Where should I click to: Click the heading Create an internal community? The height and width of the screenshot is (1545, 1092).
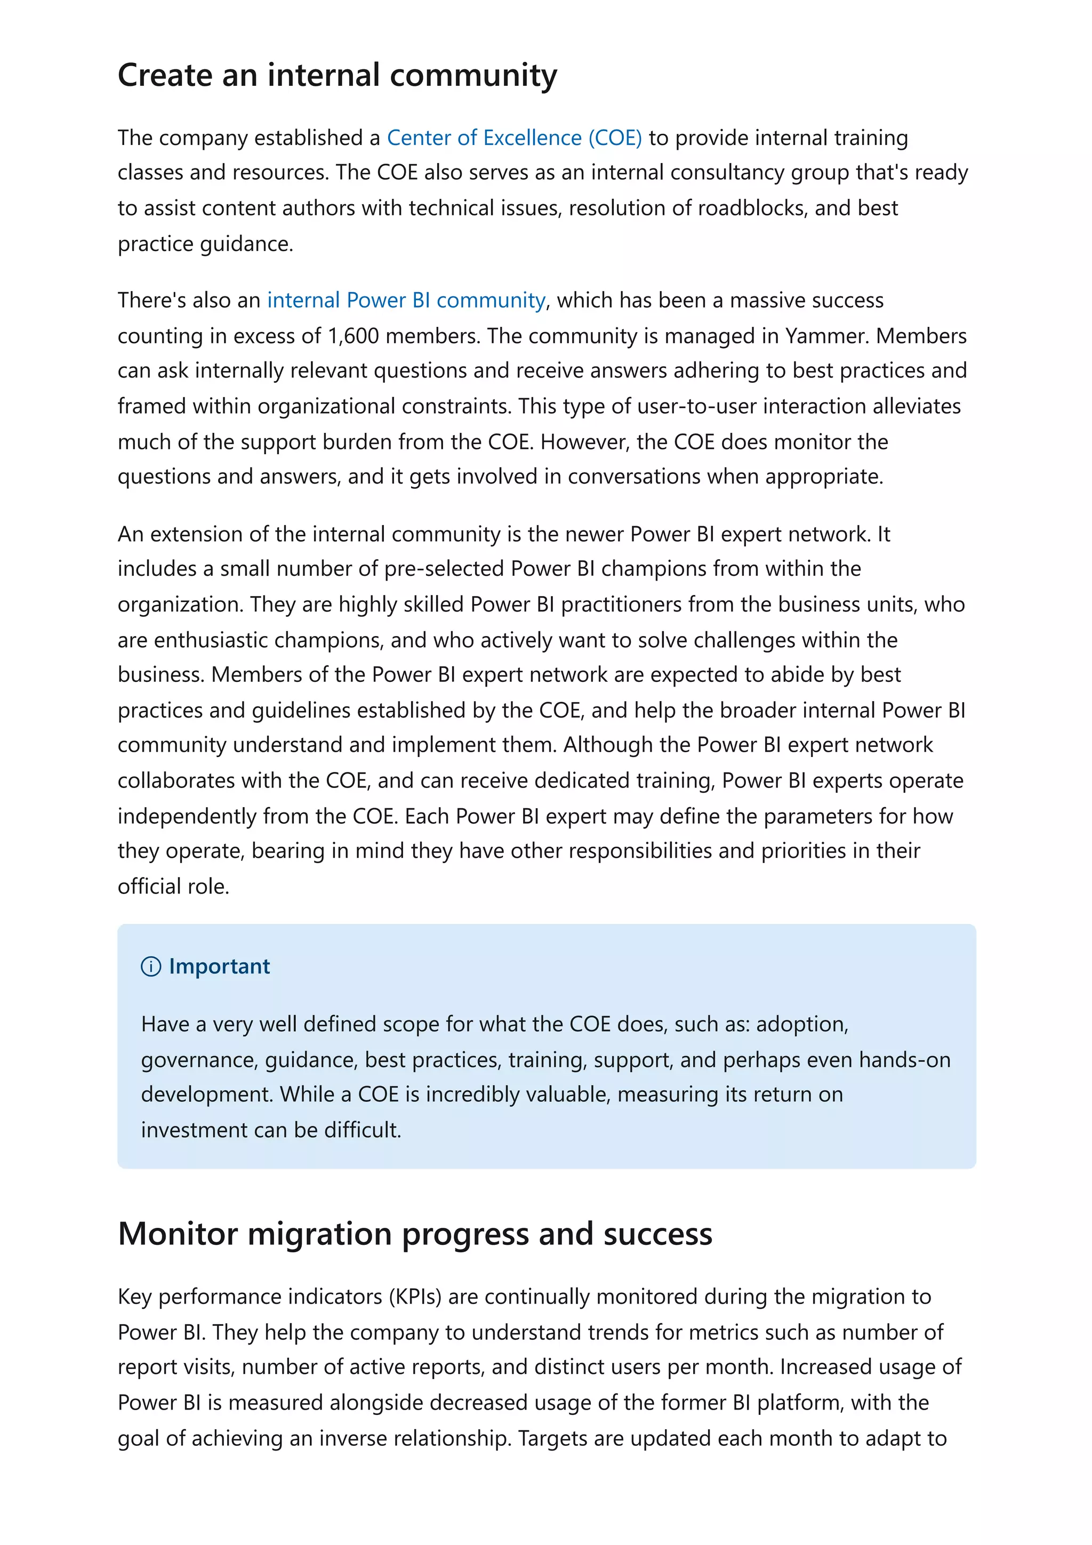coord(336,75)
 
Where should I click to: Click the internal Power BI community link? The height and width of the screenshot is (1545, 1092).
coord(406,300)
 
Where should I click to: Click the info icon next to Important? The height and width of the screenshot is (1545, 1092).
coord(151,967)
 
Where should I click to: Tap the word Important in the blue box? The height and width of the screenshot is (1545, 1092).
coord(219,967)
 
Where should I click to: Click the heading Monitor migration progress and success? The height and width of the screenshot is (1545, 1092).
coord(414,1234)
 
